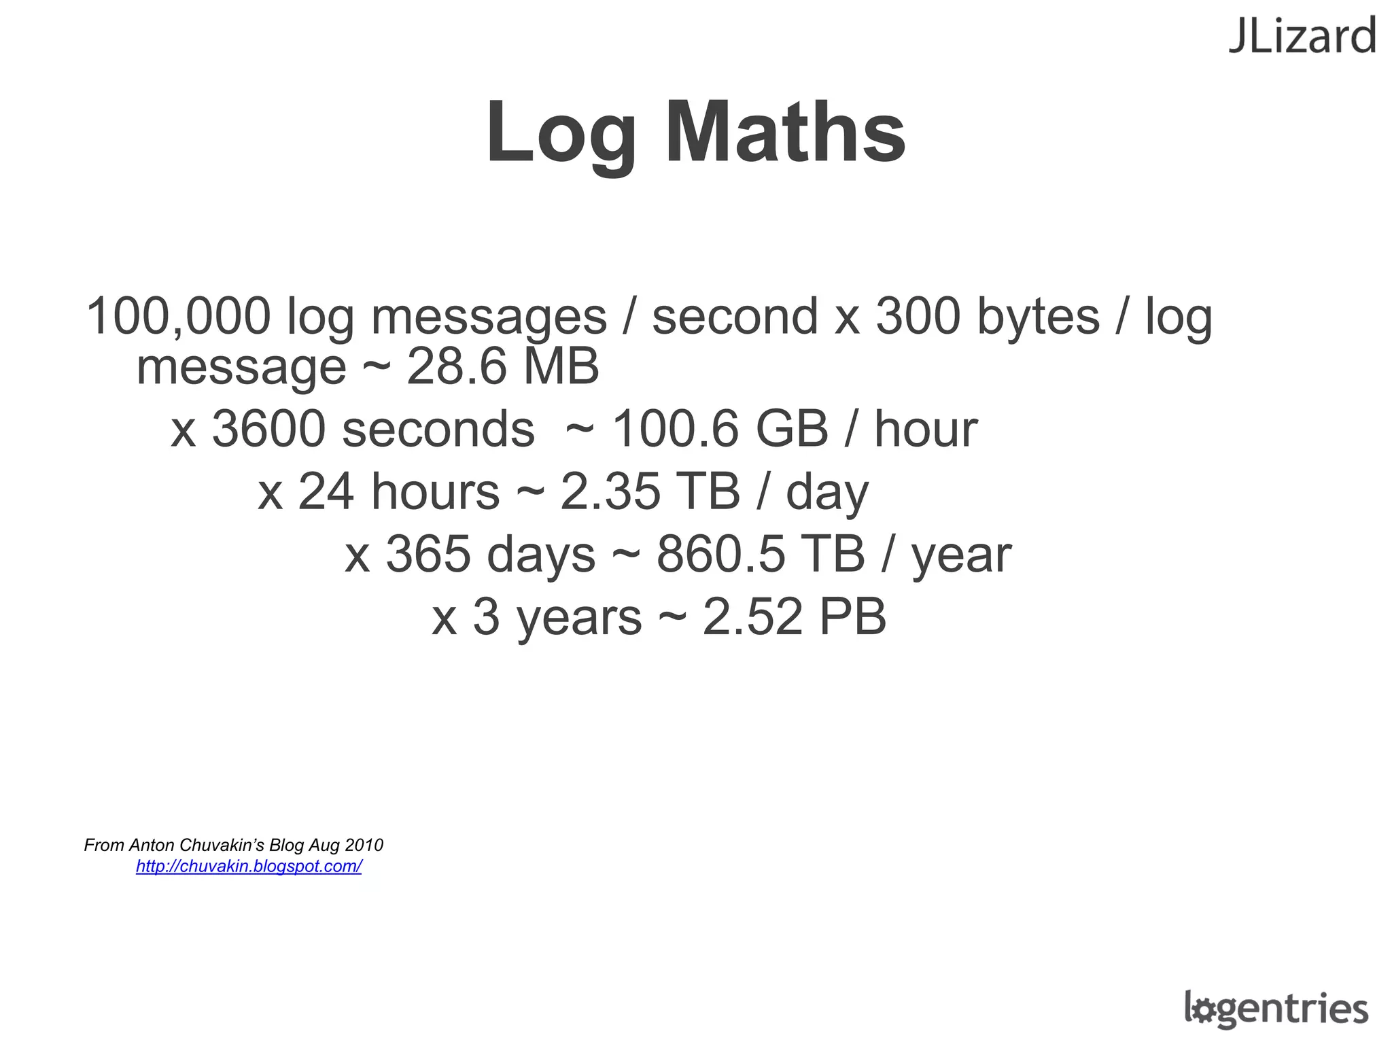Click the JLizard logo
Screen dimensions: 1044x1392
[x=1302, y=37]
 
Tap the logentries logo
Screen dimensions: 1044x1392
[x=1276, y=1009]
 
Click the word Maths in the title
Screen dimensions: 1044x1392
[x=785, y=132]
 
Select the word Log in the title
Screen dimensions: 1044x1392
[x=561, y=133]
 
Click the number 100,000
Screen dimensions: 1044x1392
[x=178, y=316]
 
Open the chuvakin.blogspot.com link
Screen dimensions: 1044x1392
[x=249, y=866]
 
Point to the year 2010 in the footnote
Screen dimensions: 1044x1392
[x=364, y=845]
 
